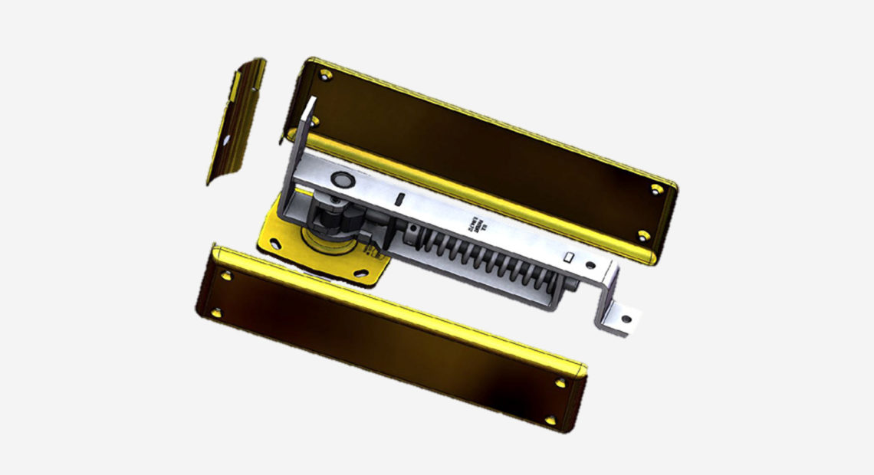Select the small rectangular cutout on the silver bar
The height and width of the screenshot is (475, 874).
point(569,258)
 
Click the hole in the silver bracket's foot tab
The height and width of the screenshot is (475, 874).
point(626,319)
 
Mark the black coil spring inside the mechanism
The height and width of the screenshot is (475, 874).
point(475,257)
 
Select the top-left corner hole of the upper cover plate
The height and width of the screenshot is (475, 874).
point(326,75)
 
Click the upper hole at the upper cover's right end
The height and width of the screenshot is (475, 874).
point(656,188)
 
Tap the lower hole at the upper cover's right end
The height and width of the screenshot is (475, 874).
point(642,235)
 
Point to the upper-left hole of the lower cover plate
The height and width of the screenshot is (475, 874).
point(226,274)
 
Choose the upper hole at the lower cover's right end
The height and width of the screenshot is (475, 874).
point(561,381)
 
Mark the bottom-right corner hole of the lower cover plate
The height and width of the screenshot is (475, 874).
point(550,420)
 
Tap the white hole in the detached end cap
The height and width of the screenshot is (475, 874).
point(226,139)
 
